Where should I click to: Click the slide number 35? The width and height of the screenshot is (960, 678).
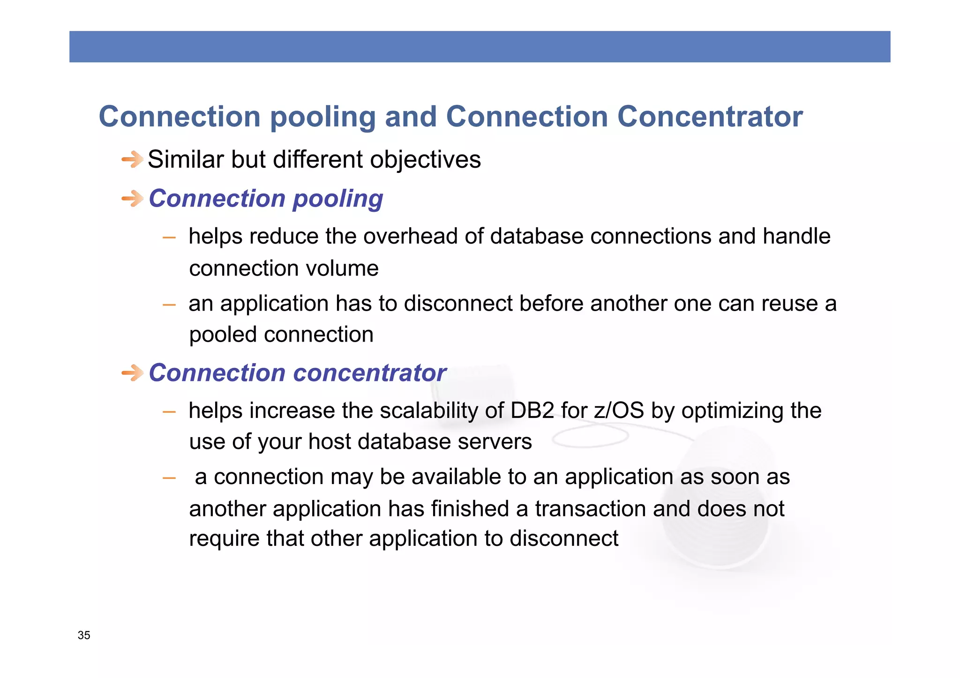pos(84,635)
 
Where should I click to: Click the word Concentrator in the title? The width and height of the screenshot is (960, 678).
pos(710,117)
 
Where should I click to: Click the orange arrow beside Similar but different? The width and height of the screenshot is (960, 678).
pos(132,160)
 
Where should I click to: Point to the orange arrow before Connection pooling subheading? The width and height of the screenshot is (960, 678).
pos(132,199)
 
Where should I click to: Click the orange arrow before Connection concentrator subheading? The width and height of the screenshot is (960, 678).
pos(132,373)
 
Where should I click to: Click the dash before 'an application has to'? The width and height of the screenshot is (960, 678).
pos(169,305)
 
